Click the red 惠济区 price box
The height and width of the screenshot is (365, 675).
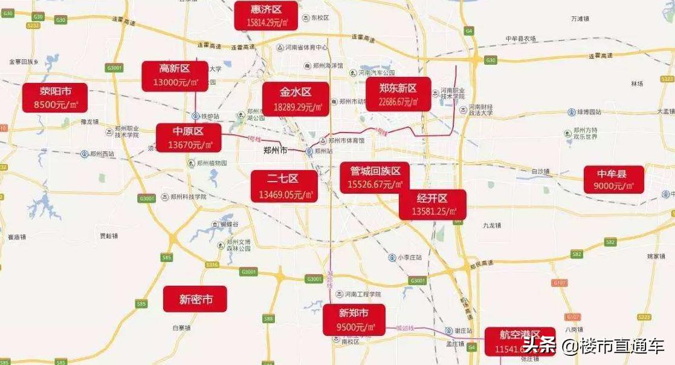[266, 15]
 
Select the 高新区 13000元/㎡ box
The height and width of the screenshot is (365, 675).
[175, 76]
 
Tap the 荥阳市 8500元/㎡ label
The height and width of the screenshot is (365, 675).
[56, 98]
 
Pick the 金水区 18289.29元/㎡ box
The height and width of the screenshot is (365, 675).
[296, 99]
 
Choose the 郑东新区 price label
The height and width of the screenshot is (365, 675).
[398, 94]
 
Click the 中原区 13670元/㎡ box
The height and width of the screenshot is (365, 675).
[188, 138]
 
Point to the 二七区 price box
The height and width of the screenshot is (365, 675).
[283, 186]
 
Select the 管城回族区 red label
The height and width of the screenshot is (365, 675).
[375, 178]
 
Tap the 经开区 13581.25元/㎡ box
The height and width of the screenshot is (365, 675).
[432, 205]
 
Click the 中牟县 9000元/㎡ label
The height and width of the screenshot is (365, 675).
[613, 180]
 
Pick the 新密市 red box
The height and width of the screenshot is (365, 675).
[195, 299]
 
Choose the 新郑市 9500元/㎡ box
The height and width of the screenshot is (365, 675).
[354, 320]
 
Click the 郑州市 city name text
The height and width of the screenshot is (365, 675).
[275, 150]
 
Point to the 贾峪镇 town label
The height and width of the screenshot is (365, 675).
[109, 235]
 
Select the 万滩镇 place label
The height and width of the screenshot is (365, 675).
[579, 19]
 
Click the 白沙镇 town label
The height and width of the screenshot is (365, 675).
[540, 171]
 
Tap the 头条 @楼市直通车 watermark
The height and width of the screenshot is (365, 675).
[593, 346]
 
